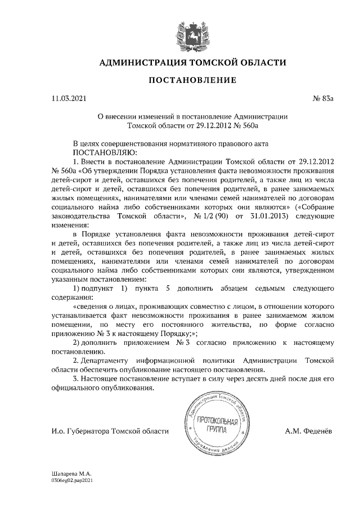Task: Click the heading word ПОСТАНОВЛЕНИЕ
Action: [192, 81]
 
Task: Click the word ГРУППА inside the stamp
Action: [215, 430]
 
